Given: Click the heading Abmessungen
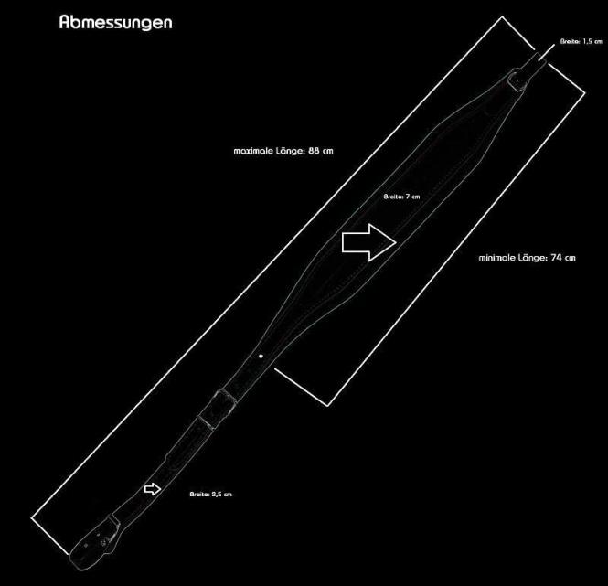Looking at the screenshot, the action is click(x=115, y=23).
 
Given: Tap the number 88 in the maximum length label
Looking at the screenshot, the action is click(x=314, y=151).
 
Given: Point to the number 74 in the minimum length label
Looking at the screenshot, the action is click(x=556, y=258).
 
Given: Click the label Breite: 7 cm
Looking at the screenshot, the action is click(x=401, y=197).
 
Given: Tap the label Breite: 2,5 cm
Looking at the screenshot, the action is click(x=210, y=494).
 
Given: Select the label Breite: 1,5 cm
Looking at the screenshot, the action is click(x=581, y=41).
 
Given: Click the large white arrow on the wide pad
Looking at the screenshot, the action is click(x=368, y=242).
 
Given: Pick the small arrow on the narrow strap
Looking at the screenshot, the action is click(x=153, y=489).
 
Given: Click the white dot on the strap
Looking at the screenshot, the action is click(x=261, y=356).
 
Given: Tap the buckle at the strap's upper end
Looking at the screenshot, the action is click(x=517, y=80).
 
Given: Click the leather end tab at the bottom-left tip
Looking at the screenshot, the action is click(x=94, y=543).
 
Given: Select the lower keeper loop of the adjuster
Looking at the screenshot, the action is click(x=206, y=422).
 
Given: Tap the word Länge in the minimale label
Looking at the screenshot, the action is click(x=532, y=257).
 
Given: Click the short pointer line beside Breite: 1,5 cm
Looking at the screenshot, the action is click(x=547, y=52).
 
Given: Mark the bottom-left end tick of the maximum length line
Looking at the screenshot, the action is click(x=49, y=536).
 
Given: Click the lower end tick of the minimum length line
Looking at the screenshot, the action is click(x=301, y=387).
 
